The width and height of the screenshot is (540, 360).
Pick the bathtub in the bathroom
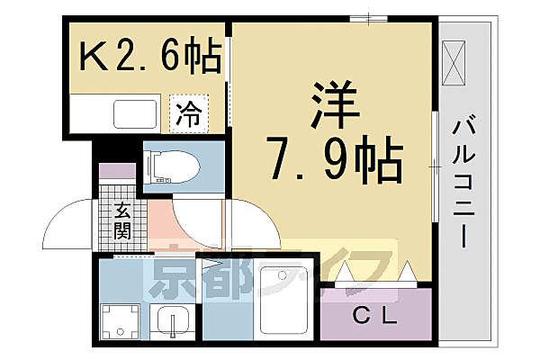[283, 302]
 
